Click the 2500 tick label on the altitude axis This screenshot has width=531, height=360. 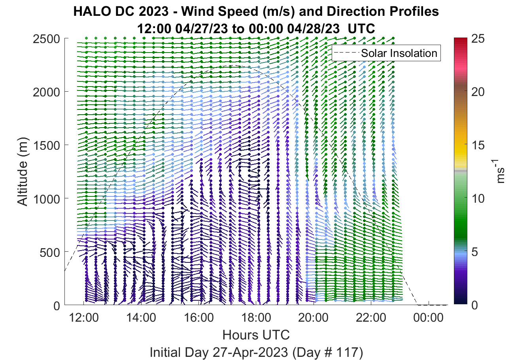46,39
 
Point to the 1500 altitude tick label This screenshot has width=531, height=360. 46,145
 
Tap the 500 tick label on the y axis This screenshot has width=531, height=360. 49,253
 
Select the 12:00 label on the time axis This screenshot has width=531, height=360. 84,318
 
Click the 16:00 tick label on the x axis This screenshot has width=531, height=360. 198,318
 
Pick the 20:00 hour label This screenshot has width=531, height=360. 313,318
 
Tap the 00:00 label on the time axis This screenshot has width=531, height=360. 428,318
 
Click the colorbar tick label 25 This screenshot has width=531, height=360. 478,38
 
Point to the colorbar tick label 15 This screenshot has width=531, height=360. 478,145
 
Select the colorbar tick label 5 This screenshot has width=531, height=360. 474,252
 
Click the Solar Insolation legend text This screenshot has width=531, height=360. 399,53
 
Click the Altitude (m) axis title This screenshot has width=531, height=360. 23,172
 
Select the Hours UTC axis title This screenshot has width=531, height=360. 256,335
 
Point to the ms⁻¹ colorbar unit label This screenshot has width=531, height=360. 499,172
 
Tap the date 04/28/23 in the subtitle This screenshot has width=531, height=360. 314,29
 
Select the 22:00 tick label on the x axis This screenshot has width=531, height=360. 371,318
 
